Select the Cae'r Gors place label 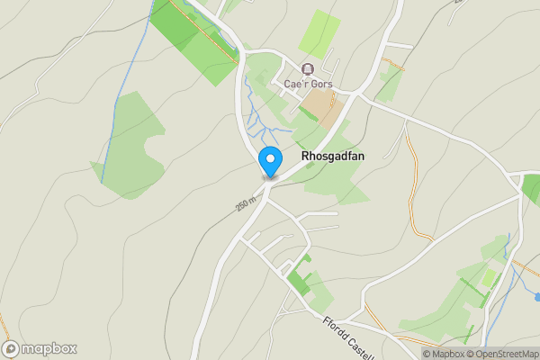[308, 84]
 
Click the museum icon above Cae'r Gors [308, 69]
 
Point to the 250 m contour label [247, 206]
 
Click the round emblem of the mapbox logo [11, 348]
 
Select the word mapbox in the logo [49, 349]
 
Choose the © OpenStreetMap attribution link [501, 354]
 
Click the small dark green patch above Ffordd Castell [297, 281]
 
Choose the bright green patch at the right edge [531, 187]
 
